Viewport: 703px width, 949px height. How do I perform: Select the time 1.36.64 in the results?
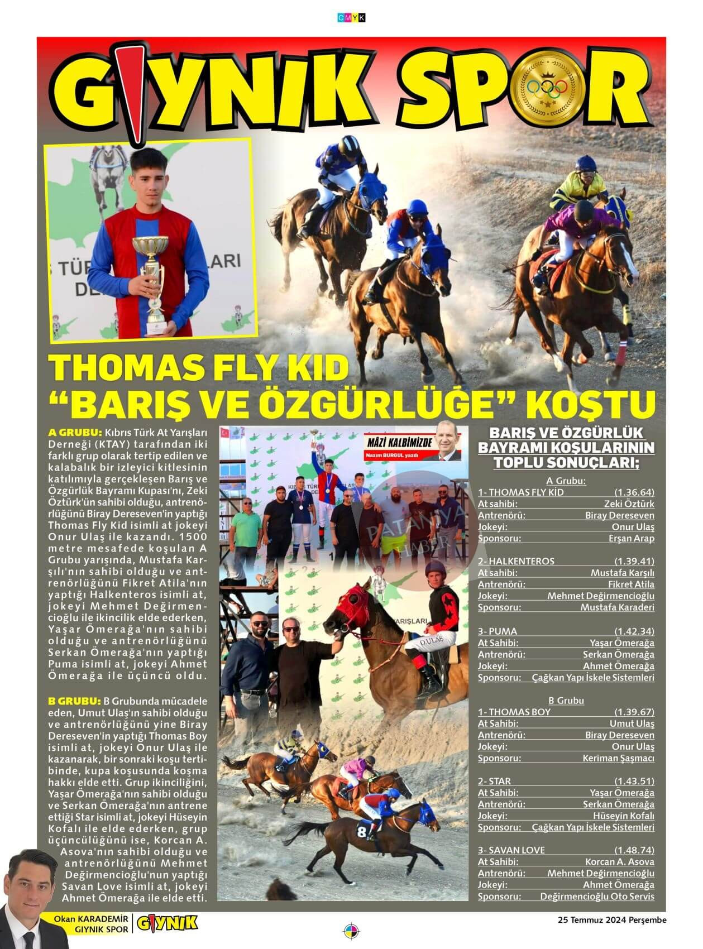point(634,492)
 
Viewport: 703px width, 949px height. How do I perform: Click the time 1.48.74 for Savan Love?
point(634,850)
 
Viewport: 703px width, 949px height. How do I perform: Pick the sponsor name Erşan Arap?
point(631,538)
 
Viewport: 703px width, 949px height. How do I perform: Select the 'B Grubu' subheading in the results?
point(566,700)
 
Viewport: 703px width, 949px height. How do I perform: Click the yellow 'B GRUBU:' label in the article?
point(74,701)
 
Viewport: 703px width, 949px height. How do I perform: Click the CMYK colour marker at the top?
point(351,18)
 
